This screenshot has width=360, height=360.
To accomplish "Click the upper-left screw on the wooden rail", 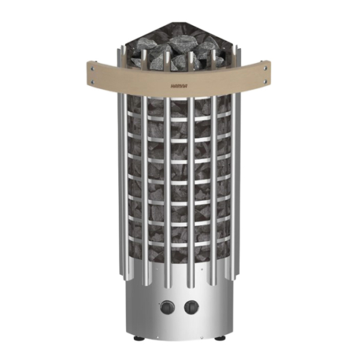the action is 92,68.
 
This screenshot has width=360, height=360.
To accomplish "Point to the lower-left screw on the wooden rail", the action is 92,81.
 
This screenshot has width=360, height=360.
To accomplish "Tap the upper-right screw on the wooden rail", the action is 266,68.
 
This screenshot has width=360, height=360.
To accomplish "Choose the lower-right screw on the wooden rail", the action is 266,81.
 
